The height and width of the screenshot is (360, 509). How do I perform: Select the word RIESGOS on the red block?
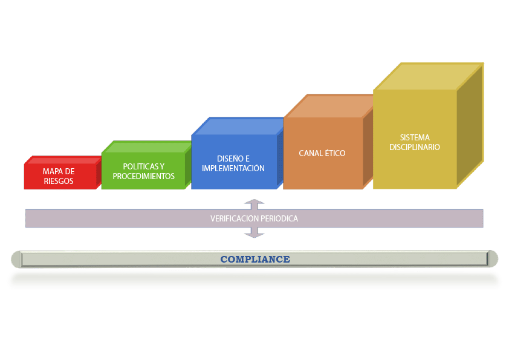[59, 181]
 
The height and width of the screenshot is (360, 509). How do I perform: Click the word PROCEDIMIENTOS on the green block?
[144, 177]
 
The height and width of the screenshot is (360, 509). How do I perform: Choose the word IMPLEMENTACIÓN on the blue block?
[233, 169]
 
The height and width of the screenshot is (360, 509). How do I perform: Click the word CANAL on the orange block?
[312, 154]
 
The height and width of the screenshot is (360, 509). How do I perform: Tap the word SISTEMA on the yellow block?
[415, 138]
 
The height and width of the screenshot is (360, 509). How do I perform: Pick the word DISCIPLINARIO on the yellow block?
[415, 147]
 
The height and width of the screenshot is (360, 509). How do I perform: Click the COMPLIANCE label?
[254, 259]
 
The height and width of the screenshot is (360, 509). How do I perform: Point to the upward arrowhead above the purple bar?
[255, 202]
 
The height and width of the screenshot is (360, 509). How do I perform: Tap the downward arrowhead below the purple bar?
[255, 233]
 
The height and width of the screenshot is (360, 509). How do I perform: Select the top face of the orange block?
[329, 106]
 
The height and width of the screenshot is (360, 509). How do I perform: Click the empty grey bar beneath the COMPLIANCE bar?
[254, 280]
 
